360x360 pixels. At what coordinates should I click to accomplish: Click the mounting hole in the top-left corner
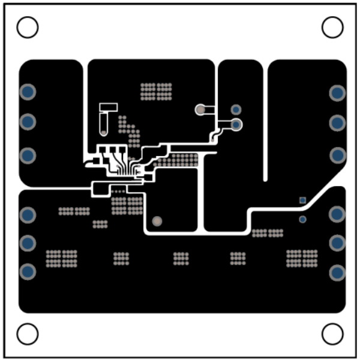tap(28, 27)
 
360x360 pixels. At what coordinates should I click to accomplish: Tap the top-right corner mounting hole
tap(332, 27)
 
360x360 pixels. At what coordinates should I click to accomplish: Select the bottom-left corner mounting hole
tap(28, 334)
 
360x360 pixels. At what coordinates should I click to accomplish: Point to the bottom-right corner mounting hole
tap(332, 334)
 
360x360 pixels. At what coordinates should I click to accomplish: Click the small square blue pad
tap(303, 200)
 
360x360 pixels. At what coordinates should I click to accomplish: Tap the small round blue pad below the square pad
tap(303, 220)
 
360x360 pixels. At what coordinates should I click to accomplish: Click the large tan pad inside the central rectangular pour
tap(157, 221)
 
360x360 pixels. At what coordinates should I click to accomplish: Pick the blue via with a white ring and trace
tap(236, 124)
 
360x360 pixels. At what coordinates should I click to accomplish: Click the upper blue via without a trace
tap(236, 109)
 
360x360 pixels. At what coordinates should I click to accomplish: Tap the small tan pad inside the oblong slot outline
tap(104, 131)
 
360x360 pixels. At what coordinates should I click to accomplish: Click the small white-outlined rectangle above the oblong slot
tap(109, 107)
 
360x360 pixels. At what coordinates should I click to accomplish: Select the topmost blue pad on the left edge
tap(28, 92)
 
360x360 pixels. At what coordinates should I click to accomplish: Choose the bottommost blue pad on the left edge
tap(28, 271)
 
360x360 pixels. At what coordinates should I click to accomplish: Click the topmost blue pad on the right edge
tap(337, 93)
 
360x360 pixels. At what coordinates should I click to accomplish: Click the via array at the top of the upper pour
tap(156, 91)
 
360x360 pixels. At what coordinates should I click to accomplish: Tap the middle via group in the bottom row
tap(181, 258)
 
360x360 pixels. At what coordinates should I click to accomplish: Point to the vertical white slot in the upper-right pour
tap(265, 120)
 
